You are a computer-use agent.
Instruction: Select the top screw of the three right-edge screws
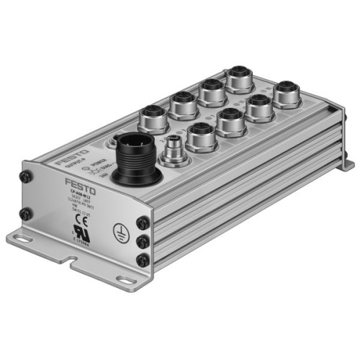pyautogui.click(x=143, y=225)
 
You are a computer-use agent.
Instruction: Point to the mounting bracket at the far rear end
pyautogui.click(x=345, y=163)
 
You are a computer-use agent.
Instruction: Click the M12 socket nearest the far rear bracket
pyautogui.click(x=286, y=91)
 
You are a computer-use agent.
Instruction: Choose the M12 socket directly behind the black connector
pyautogui.click(x=153, y=115)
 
